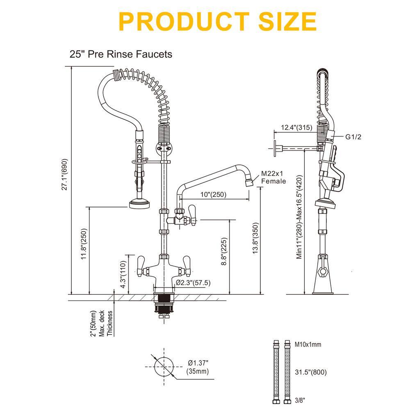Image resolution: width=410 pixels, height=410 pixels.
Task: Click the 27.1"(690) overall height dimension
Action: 65,174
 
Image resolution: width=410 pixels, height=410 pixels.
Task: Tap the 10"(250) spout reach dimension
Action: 213,194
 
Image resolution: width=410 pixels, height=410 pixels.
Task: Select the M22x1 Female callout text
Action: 273,177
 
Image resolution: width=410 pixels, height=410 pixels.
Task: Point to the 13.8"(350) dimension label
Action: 255,238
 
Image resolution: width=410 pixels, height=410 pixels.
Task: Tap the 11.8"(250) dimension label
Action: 84,244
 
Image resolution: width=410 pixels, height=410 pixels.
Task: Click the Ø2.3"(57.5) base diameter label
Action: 193,282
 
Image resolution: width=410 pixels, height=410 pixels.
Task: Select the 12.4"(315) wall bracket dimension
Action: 296,128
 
